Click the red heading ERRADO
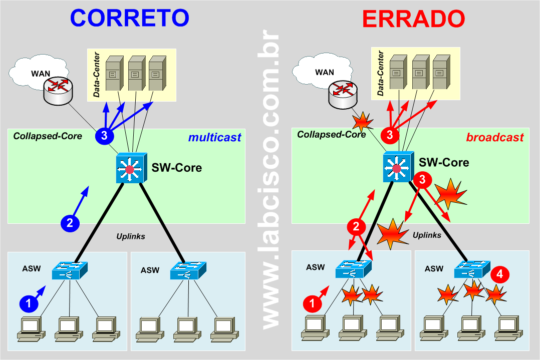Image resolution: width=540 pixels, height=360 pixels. (x=413, y=19)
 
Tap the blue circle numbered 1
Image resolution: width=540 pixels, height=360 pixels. (x=29, y=303)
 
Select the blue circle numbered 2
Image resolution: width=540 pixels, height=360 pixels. (x=70, y=223)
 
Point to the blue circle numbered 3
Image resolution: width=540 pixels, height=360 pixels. (x=104, y=136)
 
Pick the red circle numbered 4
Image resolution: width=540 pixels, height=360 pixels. (x=500, y=274)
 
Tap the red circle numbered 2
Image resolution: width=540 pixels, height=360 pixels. (x=356, y=227)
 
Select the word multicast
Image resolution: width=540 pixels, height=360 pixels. (x=214, y=137)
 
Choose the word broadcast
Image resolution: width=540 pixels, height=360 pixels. (x=495, y=137)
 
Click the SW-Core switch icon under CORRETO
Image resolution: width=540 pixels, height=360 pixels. (x=130, y=169)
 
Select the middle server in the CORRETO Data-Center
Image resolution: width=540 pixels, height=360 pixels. (x=135, y=74)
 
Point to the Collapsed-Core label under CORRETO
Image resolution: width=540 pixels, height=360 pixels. (x=48, y=136)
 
